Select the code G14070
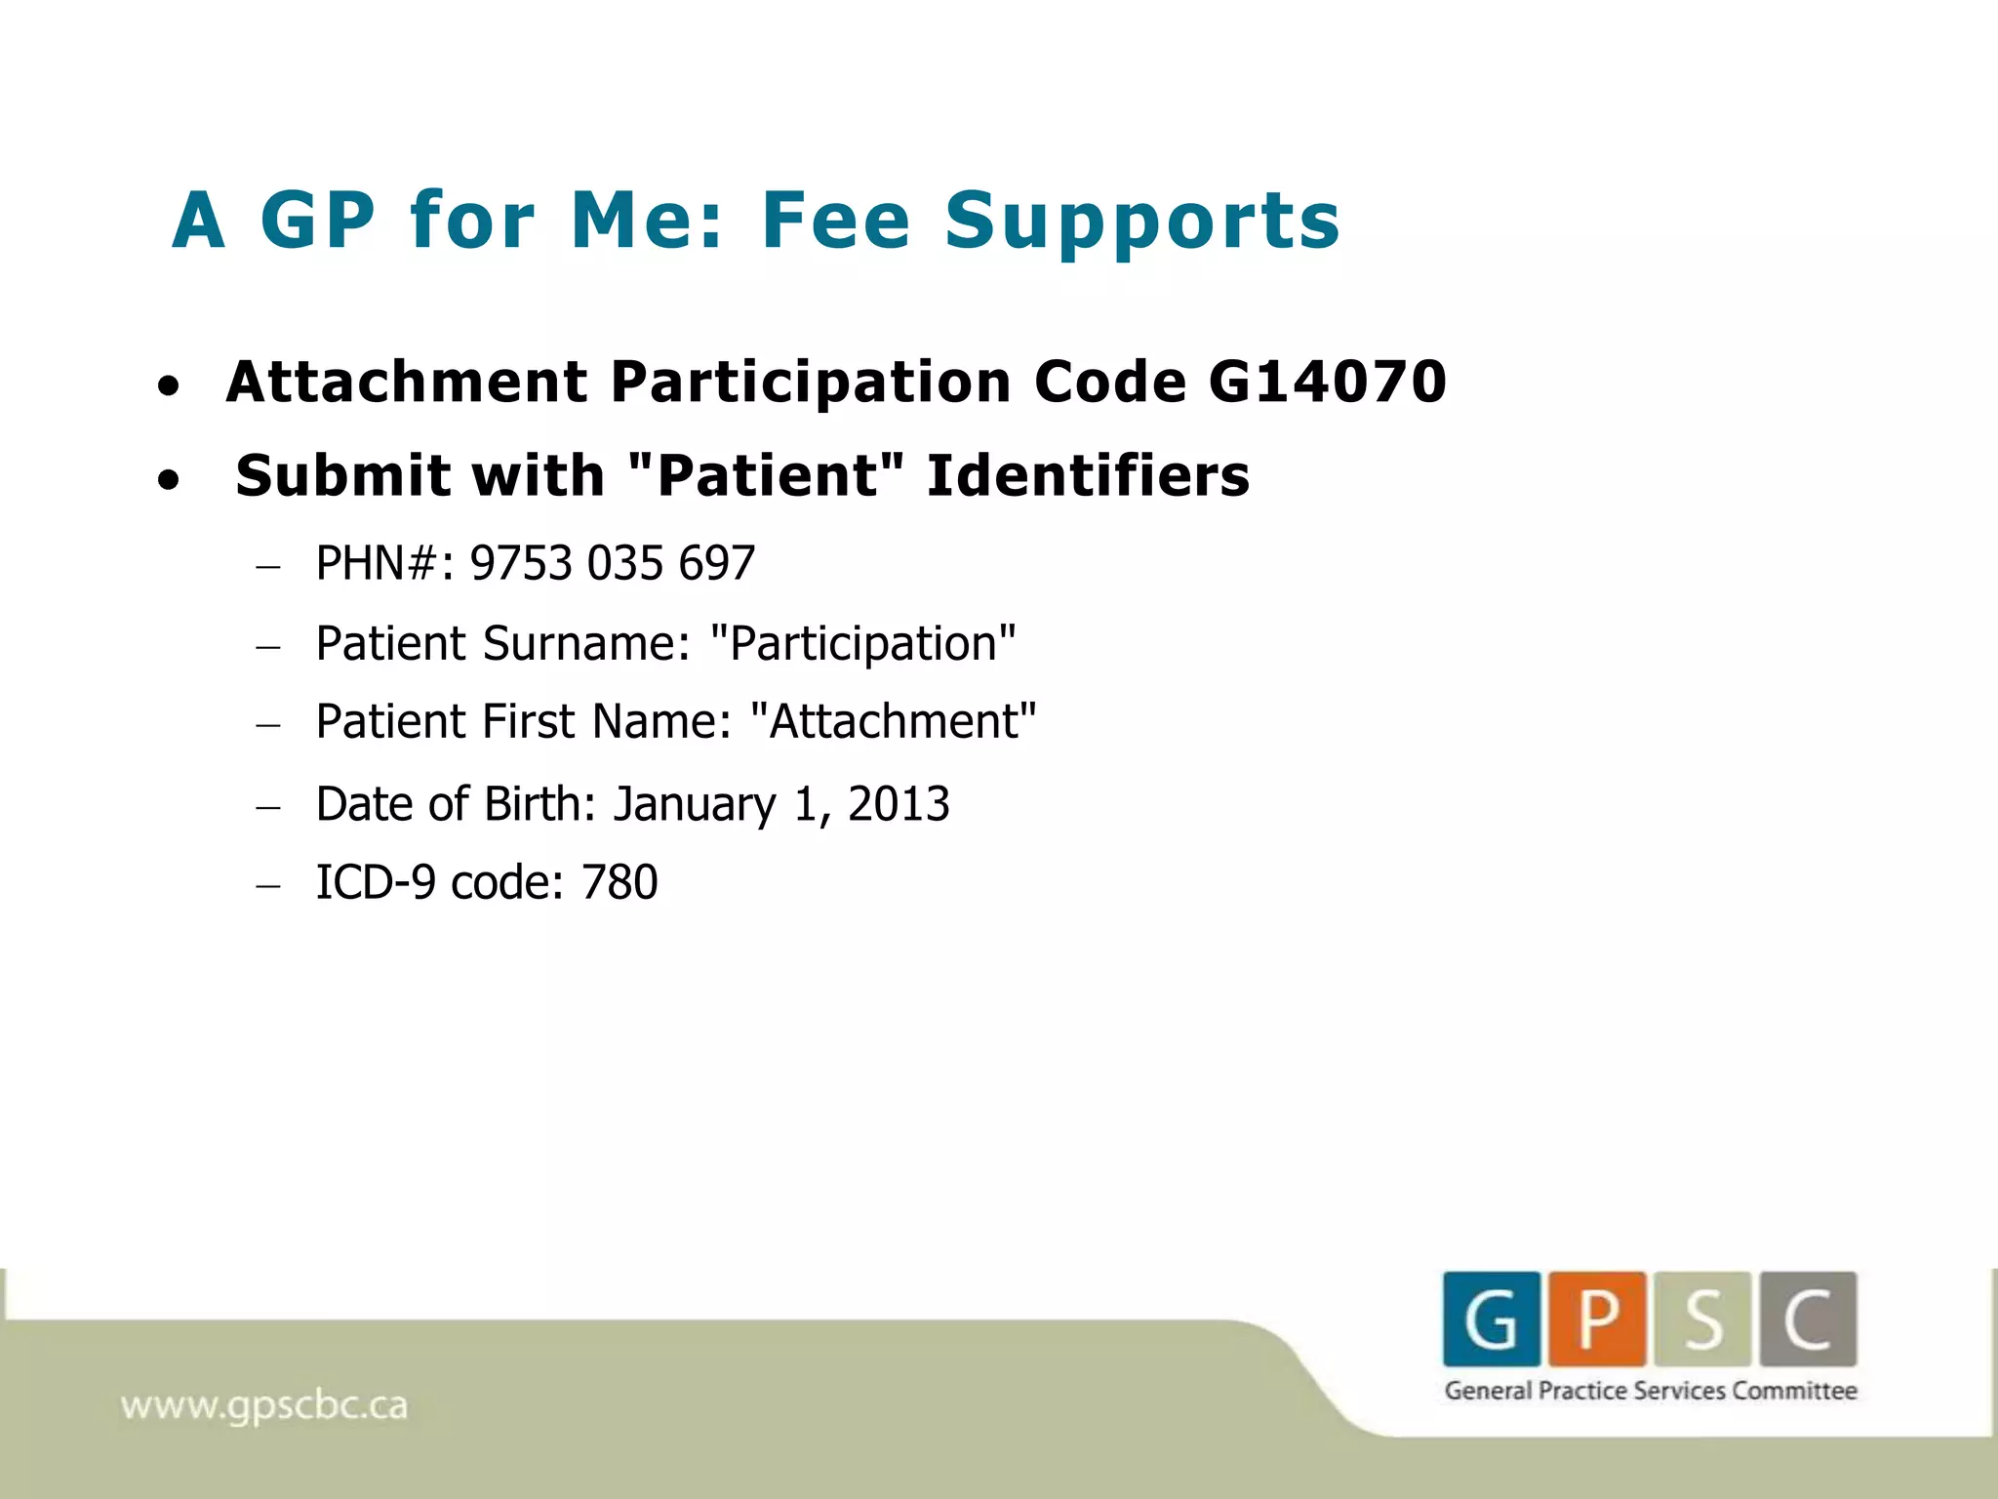click(x=1327, y=381)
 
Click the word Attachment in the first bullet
click(x=407, y=381)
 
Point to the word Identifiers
click(x=1088, y=476)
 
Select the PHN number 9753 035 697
click(x=613, y=563)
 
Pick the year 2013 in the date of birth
click(x=899, y=804)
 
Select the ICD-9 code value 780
click(x=619, y=882)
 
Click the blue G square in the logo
click(x=1492, y=1318)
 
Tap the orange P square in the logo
click(x=1597, y=1318)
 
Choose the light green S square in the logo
click(x=1702, y=1318)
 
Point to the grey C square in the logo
click(x=1808, y=1318)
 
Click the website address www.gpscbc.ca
click(x=263, y=1406)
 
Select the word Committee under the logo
click(x=1794, y=1391)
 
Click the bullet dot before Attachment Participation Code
click(x=169, y=386)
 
